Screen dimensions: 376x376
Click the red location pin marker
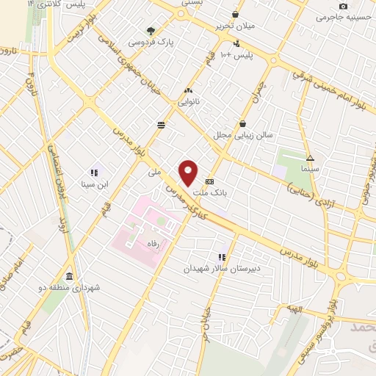(x=189, y=173)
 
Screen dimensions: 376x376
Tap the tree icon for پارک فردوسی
(x=151, y=31)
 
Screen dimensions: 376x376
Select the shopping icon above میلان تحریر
(x=235, y=14)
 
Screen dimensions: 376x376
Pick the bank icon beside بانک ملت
(x=210, y=181)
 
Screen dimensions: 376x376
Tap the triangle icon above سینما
(x=310, y=158)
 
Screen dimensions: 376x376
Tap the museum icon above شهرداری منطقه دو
(x=69, y=276)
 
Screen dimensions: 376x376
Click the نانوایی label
(x=188, y=103)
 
